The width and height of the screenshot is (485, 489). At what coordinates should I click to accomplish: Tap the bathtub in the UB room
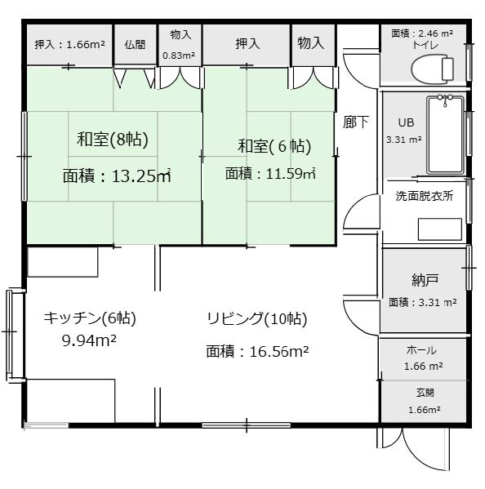(x=445, y=135)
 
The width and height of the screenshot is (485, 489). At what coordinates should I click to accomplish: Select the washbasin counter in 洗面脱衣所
(x=440, y=229)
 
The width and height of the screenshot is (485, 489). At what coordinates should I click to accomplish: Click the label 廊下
(x=356, y=122)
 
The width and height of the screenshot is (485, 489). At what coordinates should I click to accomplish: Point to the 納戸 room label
(x=425, y=280)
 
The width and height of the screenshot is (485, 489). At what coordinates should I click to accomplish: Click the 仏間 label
(x=135, y=44)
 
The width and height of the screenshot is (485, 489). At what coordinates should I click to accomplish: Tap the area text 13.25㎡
(x=141, y=176)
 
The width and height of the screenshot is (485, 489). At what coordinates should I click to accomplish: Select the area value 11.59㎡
(x=291, y=173)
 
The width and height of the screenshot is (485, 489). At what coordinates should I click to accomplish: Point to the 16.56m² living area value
(x=279, y=352)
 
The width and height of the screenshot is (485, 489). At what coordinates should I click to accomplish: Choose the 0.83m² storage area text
(x=179, y=56)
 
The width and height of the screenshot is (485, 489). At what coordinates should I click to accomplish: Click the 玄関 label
(x=425, y=393)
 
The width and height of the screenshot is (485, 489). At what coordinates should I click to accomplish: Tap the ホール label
(x=421, y=350)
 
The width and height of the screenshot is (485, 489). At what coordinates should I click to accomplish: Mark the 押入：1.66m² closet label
(x=69, y=45)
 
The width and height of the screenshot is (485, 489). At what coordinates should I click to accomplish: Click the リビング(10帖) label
(x=257, y=319)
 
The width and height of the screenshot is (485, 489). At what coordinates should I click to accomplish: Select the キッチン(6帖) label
(x=90, y=318)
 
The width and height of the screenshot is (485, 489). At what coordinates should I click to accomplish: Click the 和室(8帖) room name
(x=113, y=139)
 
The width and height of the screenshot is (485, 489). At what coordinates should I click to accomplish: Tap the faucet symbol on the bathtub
(x=445, y=100)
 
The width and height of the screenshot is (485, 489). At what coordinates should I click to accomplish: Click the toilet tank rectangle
(x=447, y=69)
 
